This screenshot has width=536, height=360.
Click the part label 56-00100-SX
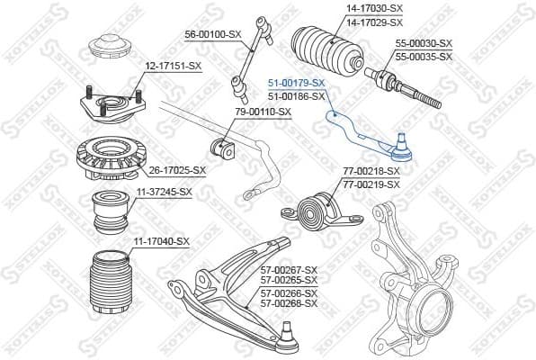coord(213,34)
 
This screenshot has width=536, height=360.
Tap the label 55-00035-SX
coord(424,56)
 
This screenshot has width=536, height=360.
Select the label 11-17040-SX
coord(161,241)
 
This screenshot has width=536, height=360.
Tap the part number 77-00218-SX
coord(371,171)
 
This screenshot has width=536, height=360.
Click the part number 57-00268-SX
coord(289,303)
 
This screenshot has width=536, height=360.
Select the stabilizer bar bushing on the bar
coord(219,143)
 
